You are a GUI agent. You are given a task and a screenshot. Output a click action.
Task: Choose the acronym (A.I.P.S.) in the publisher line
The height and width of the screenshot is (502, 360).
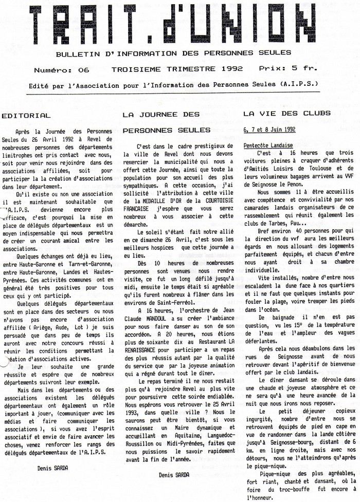tap(299, 84)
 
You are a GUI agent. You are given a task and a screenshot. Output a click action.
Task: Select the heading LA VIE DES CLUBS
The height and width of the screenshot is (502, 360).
tap(286, 113)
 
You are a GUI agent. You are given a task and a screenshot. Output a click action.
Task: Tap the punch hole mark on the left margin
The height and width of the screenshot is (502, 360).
tap(4, 360)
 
